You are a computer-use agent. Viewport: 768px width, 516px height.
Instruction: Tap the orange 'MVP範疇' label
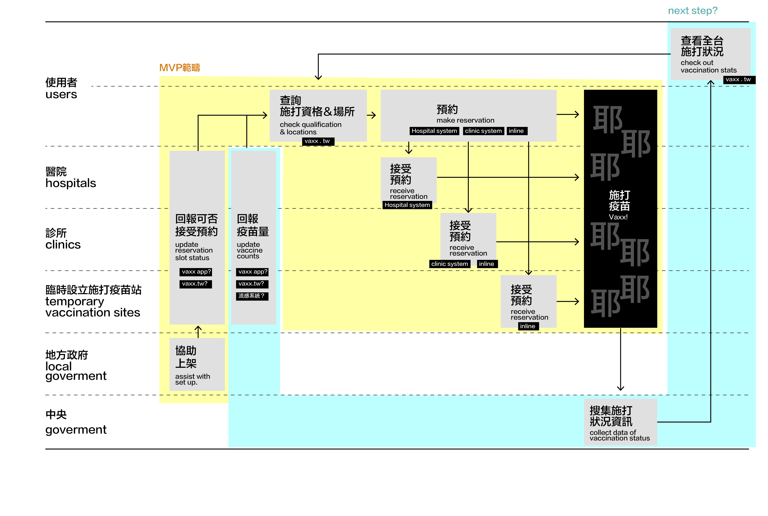180,67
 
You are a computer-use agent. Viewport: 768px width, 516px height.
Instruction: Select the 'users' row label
61,94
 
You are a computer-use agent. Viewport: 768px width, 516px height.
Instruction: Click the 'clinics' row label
63,245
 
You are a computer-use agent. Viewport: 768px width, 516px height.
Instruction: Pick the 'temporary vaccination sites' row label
93,307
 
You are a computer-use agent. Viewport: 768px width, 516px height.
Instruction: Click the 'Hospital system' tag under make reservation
434,131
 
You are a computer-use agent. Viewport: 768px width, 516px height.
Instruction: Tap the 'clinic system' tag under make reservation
483,131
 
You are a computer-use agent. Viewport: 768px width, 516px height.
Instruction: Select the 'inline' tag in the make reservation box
517,131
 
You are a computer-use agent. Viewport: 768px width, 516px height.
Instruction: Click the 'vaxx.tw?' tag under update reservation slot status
196,284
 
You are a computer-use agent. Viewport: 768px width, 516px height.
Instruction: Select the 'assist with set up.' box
197,364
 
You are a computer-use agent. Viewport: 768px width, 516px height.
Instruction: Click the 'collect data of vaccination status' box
620,422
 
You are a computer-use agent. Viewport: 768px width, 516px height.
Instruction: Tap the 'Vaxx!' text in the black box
618,217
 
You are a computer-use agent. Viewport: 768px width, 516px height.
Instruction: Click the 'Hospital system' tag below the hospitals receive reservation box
407,205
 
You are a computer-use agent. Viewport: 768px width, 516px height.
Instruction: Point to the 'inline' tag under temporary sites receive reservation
528,326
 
